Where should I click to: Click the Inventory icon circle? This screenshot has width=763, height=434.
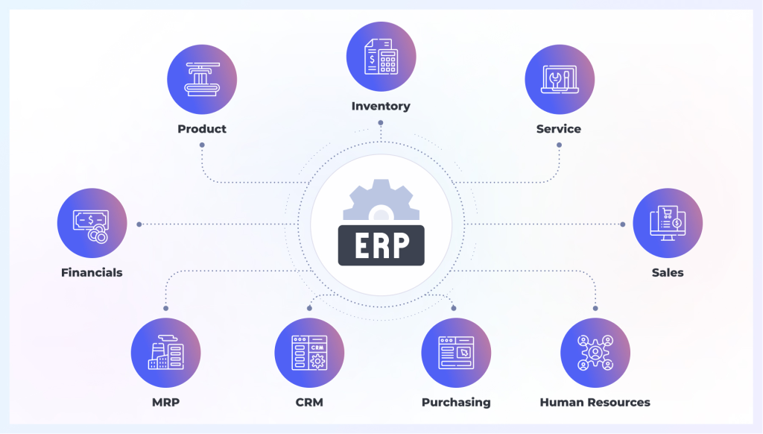tap(381, 57)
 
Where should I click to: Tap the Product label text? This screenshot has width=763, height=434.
tap(202, 129)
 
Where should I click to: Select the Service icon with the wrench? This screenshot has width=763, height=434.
tap(559, 79)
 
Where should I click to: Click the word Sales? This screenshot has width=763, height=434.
tap(668, 272)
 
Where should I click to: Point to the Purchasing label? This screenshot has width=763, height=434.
tap(456, 402)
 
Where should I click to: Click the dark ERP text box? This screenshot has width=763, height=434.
tap(381, 245)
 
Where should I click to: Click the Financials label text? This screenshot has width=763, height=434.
tap(92, 272)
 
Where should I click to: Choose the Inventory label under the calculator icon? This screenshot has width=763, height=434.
tap(381, 107)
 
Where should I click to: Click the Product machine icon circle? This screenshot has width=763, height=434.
tap(202, 79)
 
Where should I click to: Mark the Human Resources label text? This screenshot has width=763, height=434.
tap(595, 402)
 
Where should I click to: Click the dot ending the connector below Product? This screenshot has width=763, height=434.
tap(202, 145)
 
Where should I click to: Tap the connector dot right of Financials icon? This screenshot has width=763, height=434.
tap(139, 224)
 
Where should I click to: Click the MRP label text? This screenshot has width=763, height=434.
tap(165, 402)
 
